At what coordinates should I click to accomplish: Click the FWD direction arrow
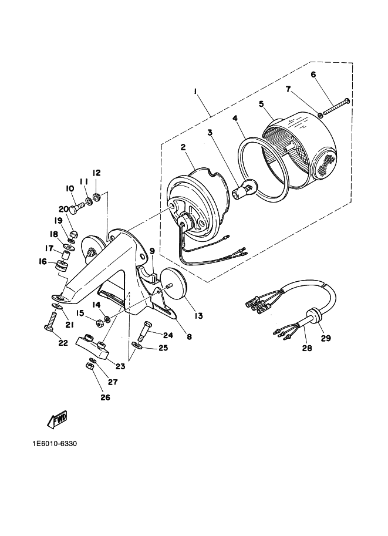pos(57,419)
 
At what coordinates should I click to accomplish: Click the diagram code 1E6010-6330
pos(55,444)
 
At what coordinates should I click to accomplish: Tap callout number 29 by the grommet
pos(326,338)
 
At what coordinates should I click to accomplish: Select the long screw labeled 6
pos(335,107)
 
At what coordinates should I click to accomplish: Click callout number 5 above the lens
pos(262,103)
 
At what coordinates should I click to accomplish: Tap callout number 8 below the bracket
pos(189,336)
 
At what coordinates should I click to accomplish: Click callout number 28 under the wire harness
pos(307,348)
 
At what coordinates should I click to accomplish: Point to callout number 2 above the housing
pos(183,147)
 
